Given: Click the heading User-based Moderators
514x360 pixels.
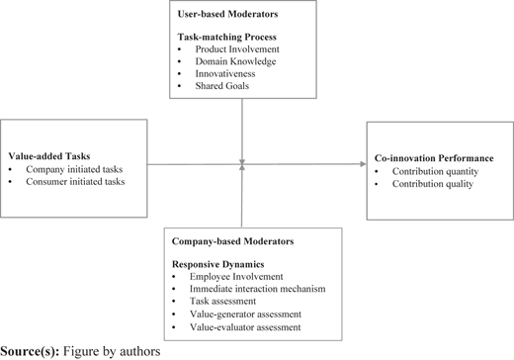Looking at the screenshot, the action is coord(227,14).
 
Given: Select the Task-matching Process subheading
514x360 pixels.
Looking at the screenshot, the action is coord(227,37).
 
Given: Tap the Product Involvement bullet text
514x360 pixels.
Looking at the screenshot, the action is coord(237,49).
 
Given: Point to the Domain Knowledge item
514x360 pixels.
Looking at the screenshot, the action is coord(235,61).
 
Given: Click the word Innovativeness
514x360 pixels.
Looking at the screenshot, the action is coord(225,73).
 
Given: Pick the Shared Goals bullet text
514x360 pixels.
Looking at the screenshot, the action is coord(222,86).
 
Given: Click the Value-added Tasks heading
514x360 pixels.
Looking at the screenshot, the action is coord(49,156).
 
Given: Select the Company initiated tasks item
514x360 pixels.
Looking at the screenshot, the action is coord(74,169).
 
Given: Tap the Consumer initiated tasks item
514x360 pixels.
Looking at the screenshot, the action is coord(75,182).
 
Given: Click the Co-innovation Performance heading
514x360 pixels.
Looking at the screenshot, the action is coord(434,158).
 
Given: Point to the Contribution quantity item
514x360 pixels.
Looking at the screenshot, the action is coord(435,171).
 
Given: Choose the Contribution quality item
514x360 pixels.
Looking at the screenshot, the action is coord(433,184).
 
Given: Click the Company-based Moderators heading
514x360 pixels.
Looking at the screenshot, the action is coord(232,241).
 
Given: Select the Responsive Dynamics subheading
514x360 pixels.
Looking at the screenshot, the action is coord(218,264).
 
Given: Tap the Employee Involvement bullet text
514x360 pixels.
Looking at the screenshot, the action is coord(236,277).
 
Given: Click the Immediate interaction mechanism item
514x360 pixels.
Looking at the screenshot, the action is coord(257,289).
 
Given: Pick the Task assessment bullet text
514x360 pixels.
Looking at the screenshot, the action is coord(222,301).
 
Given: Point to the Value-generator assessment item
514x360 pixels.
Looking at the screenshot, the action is coord(245,315).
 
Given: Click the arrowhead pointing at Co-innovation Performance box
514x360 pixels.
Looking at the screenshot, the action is coord(364,164).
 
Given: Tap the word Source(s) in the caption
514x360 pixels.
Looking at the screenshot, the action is coord(30,351).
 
